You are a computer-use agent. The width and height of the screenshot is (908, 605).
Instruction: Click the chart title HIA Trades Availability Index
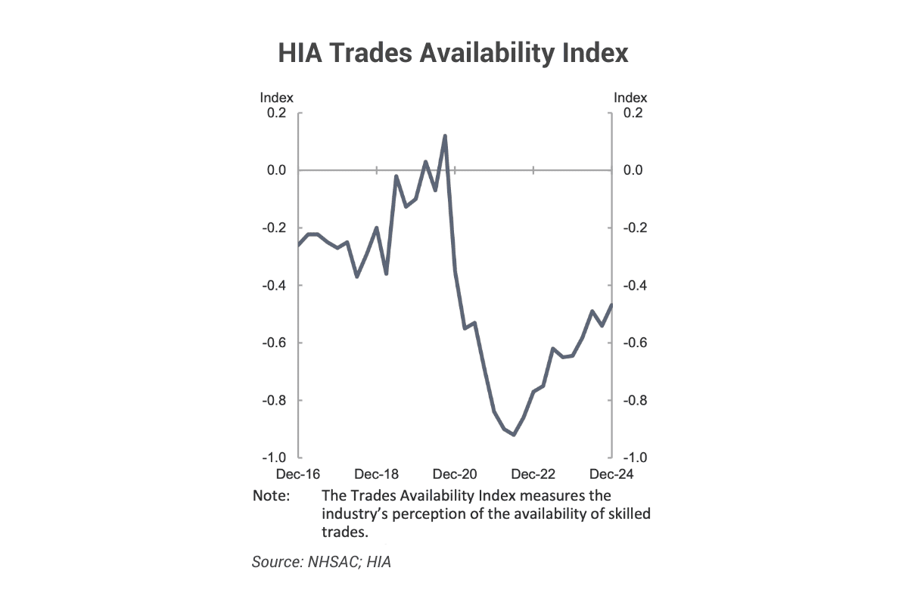click(453, 54)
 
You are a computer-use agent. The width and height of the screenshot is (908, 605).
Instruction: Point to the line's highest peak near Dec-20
click(445, 136)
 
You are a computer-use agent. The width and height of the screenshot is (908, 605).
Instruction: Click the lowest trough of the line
click(514, 435)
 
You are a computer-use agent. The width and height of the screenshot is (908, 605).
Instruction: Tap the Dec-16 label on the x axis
click(298, 474)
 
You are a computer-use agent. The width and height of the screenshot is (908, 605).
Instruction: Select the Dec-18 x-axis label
click(376, 474)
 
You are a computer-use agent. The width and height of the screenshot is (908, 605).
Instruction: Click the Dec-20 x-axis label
click(455, 474)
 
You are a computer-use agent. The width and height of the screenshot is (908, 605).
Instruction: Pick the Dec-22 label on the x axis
click(533, 474)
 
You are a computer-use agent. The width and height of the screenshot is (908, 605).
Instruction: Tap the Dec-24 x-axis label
click(611, 474)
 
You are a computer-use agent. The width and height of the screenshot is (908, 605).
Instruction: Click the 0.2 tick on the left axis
click(276, 113)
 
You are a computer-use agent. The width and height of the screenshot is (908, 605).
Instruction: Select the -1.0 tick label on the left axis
click(274, 458)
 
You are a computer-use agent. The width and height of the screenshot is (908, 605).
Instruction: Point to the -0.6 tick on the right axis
click(633, 343)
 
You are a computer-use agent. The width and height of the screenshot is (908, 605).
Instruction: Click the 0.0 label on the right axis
click(633, 171)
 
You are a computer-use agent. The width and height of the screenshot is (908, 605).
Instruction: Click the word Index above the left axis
click(276, 98)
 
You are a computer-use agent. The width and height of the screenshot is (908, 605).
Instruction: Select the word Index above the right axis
click(630, 98)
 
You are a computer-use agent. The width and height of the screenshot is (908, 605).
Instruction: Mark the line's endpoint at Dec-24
click(611, 305)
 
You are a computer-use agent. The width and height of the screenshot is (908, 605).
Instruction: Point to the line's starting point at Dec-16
click(299, 245)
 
